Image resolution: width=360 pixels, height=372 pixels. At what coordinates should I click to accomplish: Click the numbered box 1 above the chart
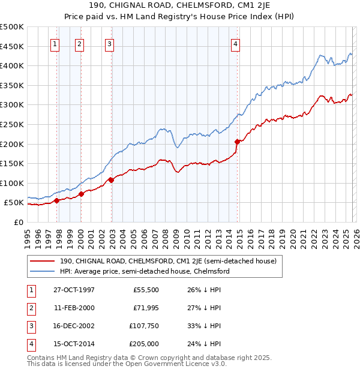click(55, 43)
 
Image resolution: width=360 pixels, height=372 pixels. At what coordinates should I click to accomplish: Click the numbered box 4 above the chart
click(236, 43)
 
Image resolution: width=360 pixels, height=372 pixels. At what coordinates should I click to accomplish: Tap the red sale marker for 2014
click(237, 142)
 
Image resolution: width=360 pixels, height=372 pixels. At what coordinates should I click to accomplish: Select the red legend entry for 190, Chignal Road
click(168, 261)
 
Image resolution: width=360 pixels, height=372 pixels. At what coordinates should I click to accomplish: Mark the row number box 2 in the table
click(30, 308)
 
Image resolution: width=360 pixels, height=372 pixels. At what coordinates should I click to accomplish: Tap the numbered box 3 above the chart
click(109, 43)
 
